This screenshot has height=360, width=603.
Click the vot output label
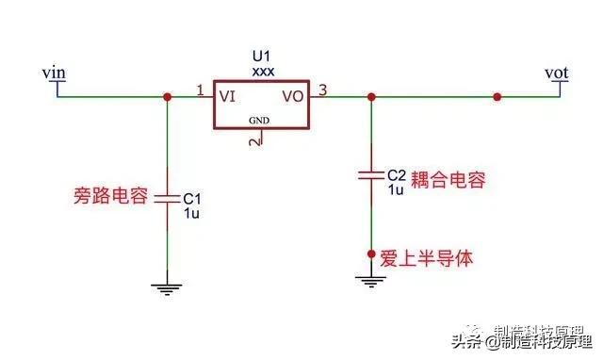[x=556, y=72]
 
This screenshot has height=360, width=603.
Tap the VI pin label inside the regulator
[x=228, y=96]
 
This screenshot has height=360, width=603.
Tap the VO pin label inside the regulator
[x=293, y=96]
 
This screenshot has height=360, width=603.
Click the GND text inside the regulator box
[x=260, y=121]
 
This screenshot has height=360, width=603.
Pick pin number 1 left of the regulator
[x=200, y=90]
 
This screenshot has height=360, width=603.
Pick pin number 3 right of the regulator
[x=323, y=90]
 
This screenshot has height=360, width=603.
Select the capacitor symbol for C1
[x=167, y=200]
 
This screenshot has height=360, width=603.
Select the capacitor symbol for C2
[x=370, y=175]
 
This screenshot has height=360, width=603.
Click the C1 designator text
[x=191, y=199]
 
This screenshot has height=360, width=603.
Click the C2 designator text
[x=396, y=174]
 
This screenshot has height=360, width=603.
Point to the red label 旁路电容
[x=110, y=197]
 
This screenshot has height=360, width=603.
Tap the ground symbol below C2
[x=370, y=280]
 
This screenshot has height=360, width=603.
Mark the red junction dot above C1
[x=167, y=96]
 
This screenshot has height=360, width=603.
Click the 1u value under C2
[x=396, y=188]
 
